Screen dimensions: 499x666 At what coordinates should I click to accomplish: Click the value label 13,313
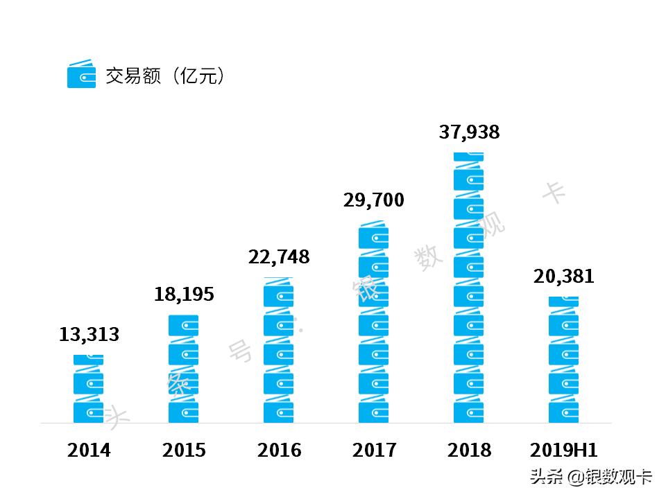(x=89, y=335)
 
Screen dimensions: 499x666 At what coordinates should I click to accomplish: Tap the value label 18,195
(x=184, y=294)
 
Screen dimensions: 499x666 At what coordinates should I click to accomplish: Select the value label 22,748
(x=279, y=257)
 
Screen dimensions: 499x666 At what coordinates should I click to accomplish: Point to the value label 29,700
(x=373, y=200)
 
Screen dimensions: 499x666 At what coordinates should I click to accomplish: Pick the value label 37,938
(x=469, y=132)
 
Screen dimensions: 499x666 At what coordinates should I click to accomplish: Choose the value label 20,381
(x=564, y=276)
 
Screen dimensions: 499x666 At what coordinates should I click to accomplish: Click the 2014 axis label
(x=89, y=450)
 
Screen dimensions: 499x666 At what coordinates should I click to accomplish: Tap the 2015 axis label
(x=184, y=450)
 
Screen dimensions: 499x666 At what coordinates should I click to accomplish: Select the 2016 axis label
(x=279, y=450)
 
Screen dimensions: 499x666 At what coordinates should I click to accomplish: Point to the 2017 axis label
(x=374, y=450)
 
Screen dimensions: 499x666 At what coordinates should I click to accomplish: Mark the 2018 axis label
(x=469, y=450)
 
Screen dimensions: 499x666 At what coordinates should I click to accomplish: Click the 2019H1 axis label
(x=563, y=450)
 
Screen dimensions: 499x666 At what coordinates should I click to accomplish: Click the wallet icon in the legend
(x=81, y=74)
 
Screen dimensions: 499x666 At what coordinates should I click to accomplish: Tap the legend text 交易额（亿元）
(x=166, y=76)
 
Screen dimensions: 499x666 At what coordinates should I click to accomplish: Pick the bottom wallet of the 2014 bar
(x=89, y=411)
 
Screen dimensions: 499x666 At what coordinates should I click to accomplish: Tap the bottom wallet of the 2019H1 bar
(x=563, y=411)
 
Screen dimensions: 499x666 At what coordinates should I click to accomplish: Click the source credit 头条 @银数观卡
(x=591, y=477)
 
